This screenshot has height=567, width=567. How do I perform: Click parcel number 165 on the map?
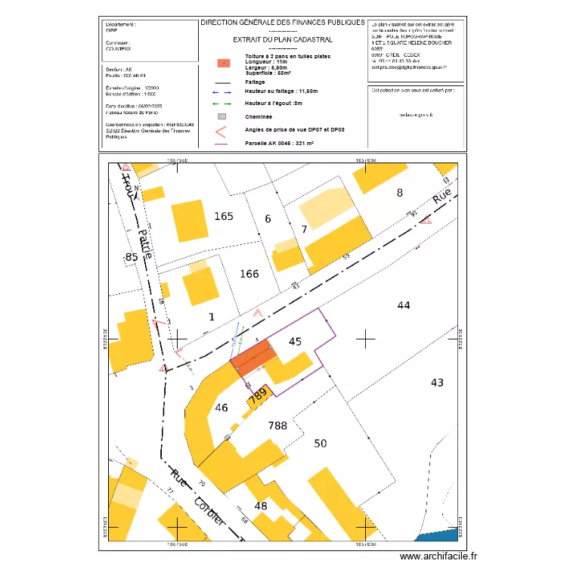[x=223, y=217]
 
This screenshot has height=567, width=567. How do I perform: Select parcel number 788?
[x=277, y=426]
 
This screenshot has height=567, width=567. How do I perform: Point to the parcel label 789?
[x=259, y=395]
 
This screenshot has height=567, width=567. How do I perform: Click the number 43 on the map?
[x=437, y=383]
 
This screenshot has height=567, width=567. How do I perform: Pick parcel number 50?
[x=321, y=443]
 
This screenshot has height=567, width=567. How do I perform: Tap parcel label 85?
[x=132, y=257]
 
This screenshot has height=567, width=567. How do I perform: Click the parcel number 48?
[x=261, y=506]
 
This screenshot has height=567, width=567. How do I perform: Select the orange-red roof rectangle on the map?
[x=253, y=355]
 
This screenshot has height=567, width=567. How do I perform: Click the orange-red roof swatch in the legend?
[x=222, y=64]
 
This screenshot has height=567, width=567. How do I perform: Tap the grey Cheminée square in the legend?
[x=222, y=116]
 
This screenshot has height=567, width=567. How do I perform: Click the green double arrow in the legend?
[x=222, y=103]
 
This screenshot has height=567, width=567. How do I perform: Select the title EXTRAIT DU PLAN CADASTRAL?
[x=282, y=39]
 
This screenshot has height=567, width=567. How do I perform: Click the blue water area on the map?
[x=438, y=535]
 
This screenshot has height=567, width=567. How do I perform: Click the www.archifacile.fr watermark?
[x=438, y=556]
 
